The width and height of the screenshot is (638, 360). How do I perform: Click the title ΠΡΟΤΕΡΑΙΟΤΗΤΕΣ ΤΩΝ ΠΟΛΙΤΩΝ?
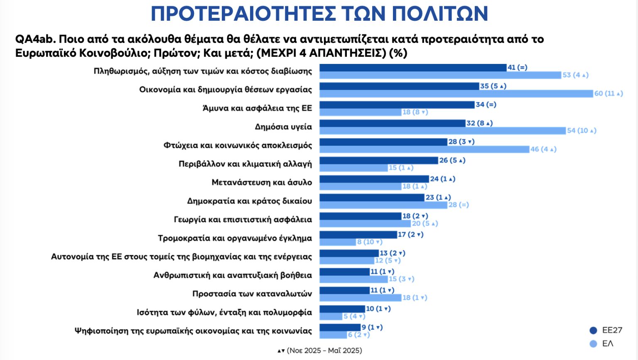click(319, 14)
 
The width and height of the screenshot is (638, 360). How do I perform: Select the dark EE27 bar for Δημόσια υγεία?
click(392, 123)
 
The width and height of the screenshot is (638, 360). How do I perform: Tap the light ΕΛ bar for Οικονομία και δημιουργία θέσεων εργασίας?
click(456, 94)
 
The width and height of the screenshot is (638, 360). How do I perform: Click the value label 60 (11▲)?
click(609, 94)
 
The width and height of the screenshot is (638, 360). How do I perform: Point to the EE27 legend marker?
click(593, 331)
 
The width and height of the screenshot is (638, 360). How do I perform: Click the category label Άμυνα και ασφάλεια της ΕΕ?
click(257, 108)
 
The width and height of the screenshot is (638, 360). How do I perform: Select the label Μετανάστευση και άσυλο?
click(262, 182)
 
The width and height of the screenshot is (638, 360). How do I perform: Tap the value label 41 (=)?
click(518, 68)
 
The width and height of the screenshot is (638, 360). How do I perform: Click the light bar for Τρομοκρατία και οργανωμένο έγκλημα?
click(337, 242)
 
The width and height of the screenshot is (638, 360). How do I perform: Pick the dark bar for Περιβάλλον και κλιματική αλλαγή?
click(378, 160)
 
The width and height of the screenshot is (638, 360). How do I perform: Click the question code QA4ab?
click(35, 39)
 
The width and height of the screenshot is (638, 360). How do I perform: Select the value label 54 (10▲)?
click(582, 131)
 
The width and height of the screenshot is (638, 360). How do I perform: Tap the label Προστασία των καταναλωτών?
click(252, 294)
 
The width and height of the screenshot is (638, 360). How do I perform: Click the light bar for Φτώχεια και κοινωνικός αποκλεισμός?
click(424, 149)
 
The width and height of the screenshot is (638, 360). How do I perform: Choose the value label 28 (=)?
click(459, 205)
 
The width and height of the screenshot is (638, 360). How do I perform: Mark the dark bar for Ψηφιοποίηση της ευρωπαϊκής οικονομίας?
click(340, 328)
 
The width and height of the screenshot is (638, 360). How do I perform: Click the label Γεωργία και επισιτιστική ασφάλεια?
click(243, 220)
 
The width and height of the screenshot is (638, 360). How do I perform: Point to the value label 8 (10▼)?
click(369, 242)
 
